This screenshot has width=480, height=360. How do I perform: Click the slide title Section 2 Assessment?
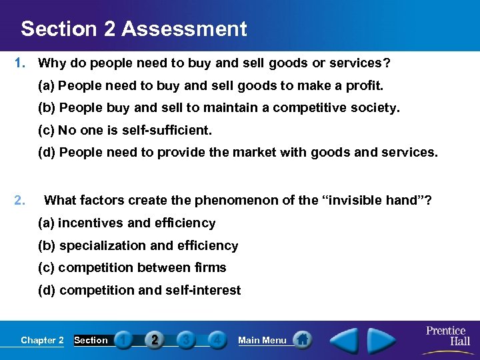tap(133, 29)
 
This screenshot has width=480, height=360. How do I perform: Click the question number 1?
tap(20, 64)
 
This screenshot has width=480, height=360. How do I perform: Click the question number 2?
tap(20, 199)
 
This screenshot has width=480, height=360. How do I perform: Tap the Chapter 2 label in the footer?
tap(42, 340)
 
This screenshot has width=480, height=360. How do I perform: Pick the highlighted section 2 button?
tap(154, 340)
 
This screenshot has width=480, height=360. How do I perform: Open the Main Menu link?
tap(262, 340)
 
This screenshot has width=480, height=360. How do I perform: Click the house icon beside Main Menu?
tap(302, 340)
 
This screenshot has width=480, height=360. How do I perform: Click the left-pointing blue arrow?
tap(346, 340)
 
